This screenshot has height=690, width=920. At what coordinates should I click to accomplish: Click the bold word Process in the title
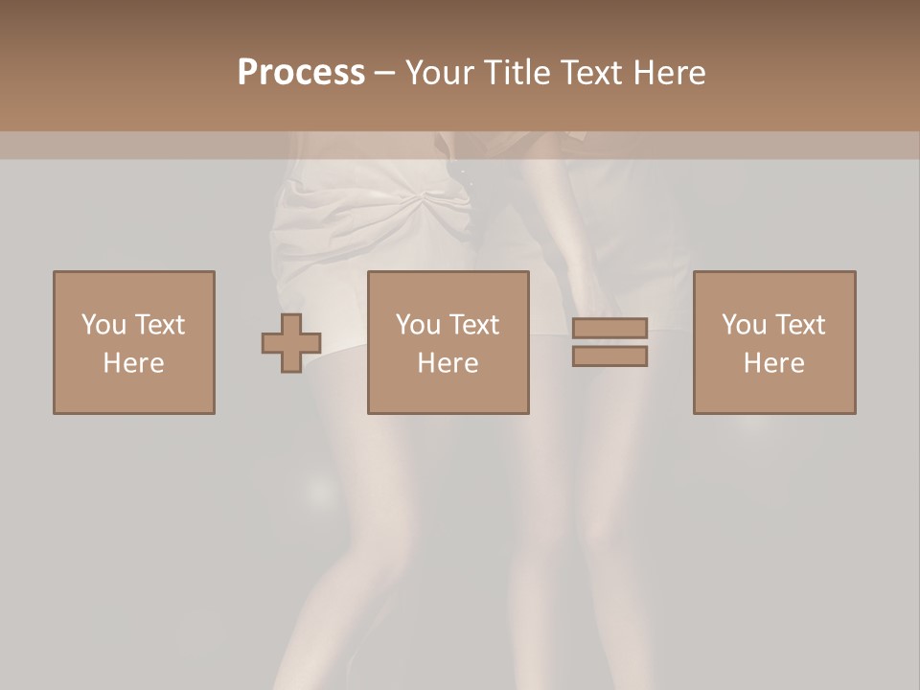coord(301,72)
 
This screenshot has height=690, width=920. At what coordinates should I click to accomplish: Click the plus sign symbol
coord(291,342)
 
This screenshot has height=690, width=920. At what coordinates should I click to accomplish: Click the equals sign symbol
coord(609,342)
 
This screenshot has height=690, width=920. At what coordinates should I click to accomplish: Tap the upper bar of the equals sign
coord(609,329)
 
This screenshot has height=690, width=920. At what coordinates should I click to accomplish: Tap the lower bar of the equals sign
coord(609,356)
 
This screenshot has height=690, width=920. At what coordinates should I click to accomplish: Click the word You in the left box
coord(103,325)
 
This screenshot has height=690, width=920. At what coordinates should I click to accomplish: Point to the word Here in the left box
coord(134,363)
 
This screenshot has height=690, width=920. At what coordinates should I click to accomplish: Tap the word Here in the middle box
coord(448,363)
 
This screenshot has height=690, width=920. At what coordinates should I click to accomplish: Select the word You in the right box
coord(744,325)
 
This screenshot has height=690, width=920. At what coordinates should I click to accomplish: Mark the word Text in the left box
coord(159,325)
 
